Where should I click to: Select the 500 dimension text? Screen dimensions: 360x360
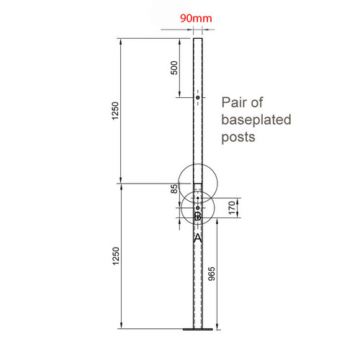174,68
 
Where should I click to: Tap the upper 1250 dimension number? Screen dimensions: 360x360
115,110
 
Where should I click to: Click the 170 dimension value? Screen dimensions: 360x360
232,209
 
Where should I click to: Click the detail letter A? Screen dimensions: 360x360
197,235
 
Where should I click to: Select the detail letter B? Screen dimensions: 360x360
197,216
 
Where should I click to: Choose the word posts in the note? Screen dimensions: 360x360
239,136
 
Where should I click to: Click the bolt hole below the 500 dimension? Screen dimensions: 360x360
197,98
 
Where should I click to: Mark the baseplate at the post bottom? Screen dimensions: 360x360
197,330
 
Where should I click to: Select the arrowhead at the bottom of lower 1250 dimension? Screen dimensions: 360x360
122,328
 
